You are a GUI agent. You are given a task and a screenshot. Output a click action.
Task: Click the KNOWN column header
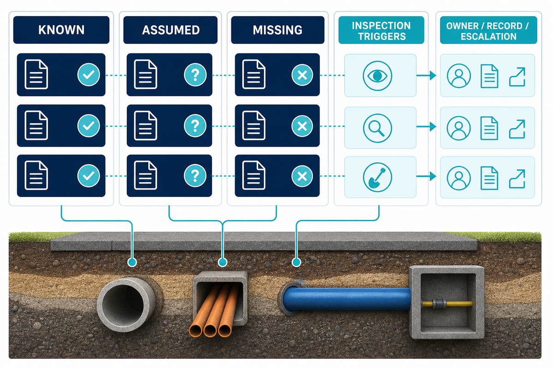61,30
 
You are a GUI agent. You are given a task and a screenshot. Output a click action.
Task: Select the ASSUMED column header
171,30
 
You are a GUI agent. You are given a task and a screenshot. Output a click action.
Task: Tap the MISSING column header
278,30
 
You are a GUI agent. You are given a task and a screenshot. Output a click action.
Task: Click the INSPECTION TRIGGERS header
381,30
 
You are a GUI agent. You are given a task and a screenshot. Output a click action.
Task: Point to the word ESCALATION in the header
488,36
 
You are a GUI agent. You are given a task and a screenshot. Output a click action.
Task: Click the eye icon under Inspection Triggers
377,76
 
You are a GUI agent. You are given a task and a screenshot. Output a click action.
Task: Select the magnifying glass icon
377,128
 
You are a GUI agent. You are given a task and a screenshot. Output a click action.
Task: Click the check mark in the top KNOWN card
88,75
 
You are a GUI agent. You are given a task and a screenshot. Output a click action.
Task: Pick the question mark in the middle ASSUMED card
195,126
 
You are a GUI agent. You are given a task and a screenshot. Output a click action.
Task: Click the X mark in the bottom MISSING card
302,176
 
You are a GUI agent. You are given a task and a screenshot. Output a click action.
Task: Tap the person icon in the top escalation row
459,76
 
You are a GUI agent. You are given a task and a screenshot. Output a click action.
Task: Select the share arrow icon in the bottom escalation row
517,179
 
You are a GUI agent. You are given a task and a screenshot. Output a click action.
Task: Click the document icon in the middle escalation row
489,128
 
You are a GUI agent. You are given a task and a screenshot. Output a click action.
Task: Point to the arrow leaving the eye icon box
426,75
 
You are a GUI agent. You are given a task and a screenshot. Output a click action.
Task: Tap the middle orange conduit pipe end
210,331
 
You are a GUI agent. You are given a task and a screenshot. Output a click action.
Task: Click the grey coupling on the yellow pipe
439,304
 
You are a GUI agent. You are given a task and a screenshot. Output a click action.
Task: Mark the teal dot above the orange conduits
223,262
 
